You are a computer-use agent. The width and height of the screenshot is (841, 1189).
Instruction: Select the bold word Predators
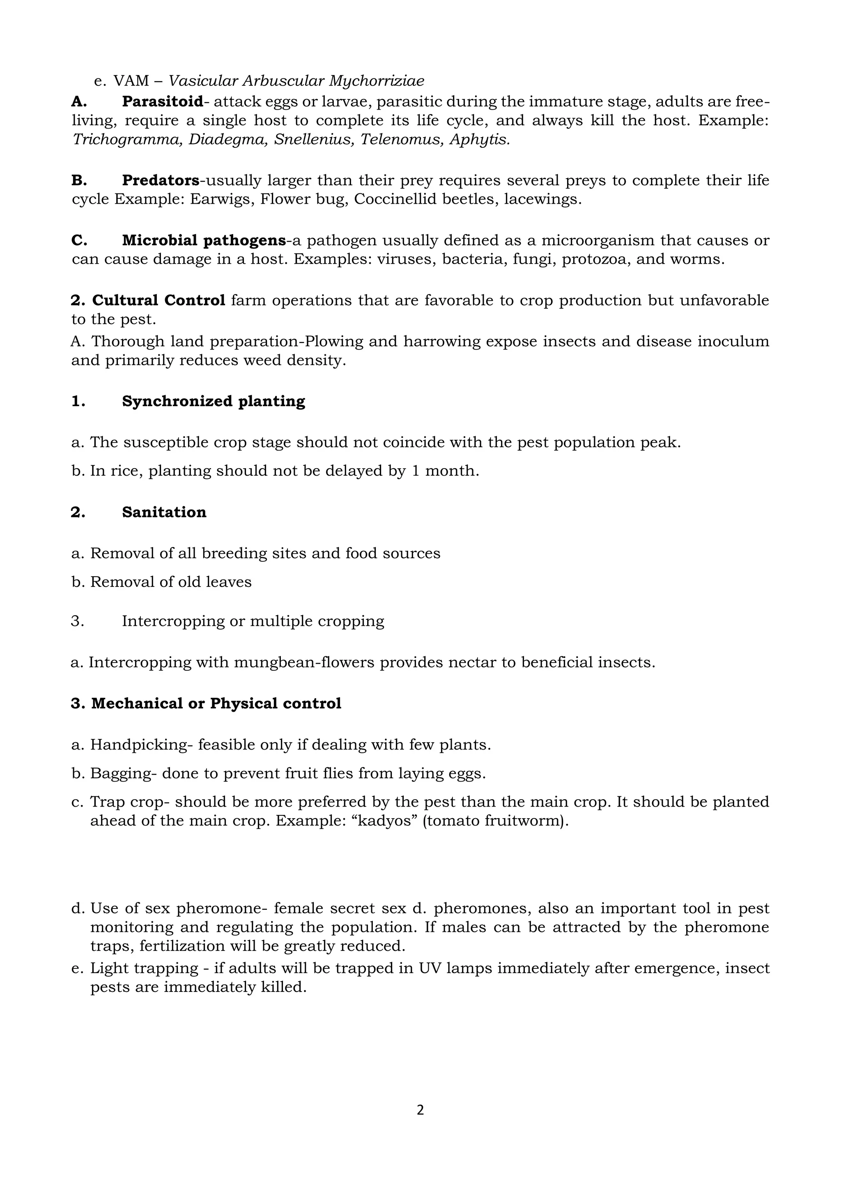coord(161,180)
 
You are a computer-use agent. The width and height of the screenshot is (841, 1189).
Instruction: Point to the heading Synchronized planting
coord(214,401)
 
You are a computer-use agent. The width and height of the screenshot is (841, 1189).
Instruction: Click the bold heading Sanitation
coord(164,512)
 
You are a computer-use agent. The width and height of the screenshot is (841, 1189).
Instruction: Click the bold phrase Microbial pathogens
coord(204,240)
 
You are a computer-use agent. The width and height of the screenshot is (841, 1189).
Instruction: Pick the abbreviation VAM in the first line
coord(131,81)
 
